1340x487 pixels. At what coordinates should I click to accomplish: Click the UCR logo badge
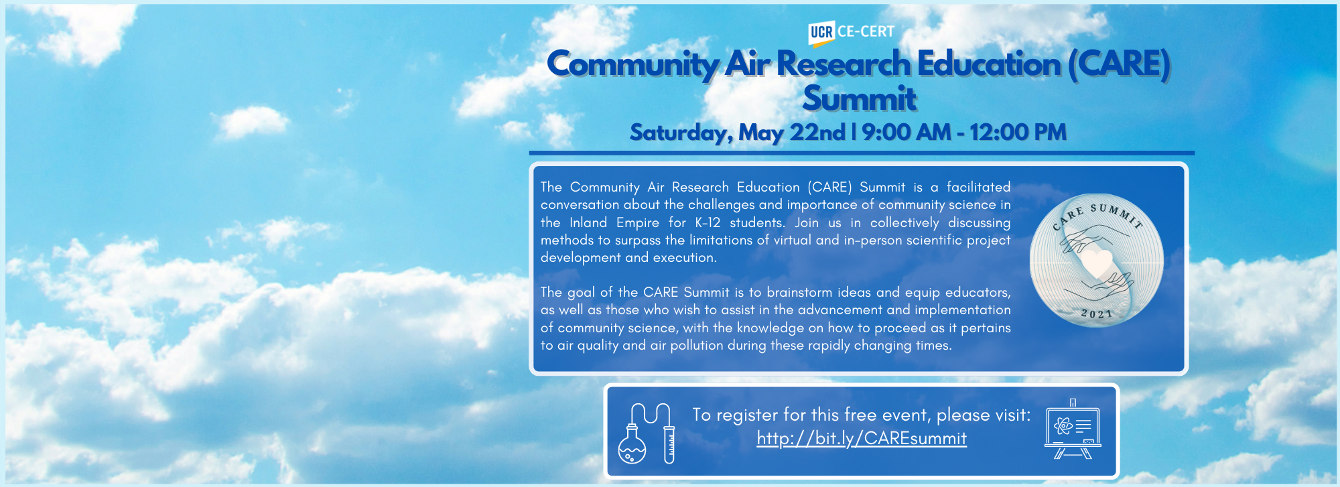tap(821, 33)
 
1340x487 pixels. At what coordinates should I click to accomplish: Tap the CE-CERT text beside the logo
tap(866, 31)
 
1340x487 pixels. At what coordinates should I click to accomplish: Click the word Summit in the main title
tap(860, 98)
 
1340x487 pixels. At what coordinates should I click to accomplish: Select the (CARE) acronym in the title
tap(1119, 64)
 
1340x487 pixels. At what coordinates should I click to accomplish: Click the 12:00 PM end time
tap(1018, 132)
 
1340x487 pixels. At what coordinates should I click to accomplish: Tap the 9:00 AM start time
tap(907, 132)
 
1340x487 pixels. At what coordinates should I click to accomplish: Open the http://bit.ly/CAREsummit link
tap(862, 438)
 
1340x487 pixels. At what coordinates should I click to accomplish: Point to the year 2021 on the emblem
tap(1097, 314)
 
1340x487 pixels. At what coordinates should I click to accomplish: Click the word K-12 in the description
tap(708, 222)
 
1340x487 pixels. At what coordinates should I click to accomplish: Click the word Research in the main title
tap(844, 64)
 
